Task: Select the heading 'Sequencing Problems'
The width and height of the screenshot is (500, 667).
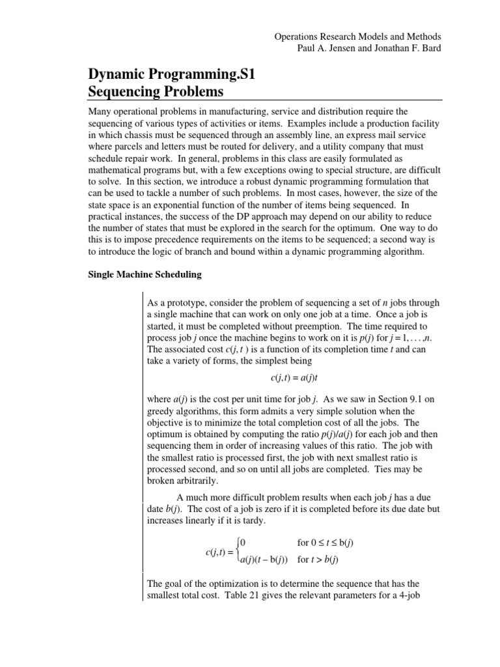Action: tap(156, 91)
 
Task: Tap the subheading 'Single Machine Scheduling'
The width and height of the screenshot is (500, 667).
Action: tap(145, 274)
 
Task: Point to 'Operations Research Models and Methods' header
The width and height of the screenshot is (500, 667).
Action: tap(357, 38)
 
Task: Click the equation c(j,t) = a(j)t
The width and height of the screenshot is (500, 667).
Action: tap(298, 377)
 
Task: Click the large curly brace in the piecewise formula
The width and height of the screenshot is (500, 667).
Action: tap(237, 550)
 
